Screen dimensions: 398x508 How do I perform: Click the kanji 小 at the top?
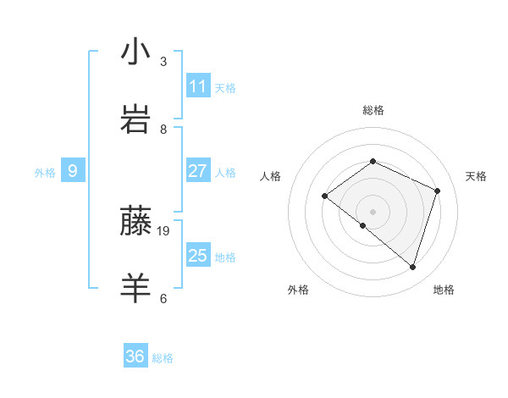[135, 53]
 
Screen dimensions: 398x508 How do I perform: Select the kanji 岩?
[135, 119]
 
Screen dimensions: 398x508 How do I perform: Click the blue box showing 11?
[198, 86]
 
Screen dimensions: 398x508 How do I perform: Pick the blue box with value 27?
[198, 171]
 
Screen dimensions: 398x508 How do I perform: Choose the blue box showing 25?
[198, 256]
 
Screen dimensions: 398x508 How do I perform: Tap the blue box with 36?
[135, 357]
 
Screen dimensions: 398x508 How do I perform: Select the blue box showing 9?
[73, 171]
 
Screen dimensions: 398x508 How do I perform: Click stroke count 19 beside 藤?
[163, 230]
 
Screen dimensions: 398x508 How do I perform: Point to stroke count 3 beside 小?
[163, 62]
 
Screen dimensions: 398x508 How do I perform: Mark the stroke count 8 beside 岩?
[163, 129]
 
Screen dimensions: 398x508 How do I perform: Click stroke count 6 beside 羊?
[163, 298]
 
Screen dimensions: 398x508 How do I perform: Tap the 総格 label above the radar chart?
[373, 110]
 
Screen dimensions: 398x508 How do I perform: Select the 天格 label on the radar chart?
[476, 176]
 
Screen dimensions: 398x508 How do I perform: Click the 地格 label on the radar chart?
[444, 290]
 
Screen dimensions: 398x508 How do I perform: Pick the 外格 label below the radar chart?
[298, 290]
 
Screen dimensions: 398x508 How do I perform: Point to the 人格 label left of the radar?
[270, 176]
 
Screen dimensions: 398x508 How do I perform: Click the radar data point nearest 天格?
[438, 191]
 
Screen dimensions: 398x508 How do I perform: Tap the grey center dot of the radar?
[373, 211]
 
